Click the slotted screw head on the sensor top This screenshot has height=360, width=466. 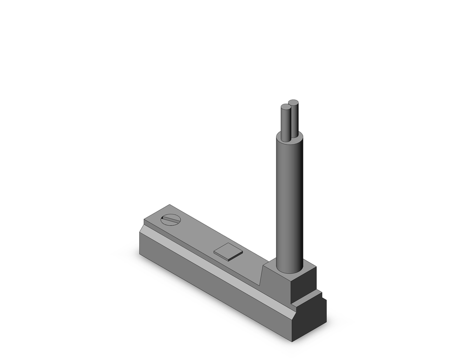tap(171, 220)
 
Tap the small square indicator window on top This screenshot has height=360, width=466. tap(228, 252)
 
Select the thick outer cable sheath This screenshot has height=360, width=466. tap(289, 205)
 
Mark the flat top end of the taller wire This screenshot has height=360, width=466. tap(293, 102)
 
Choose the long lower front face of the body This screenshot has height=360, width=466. tap(210, 284)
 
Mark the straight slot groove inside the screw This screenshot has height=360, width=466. tap(171, 220)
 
